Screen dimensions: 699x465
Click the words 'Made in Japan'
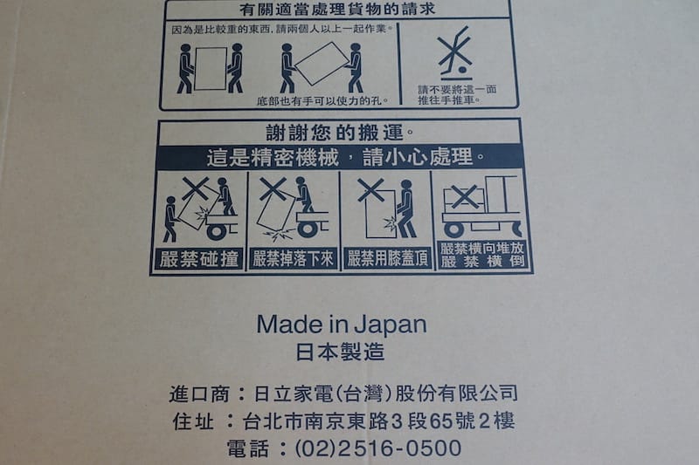click(x=342, y=325)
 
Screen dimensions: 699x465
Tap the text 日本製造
click(x=340, y=352)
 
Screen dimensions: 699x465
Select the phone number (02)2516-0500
click(x=378, y=448)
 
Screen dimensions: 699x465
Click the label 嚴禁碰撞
click(x=199, y=259)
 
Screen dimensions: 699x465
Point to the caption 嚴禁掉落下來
click(x=293, y=258)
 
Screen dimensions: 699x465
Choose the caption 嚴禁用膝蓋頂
click(x=387, y=258)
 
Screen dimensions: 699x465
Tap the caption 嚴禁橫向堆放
click(x=482, y=249)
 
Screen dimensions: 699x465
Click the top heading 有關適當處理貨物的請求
click(x=337, y=10)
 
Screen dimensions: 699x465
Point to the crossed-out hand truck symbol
click(x=454, y=52)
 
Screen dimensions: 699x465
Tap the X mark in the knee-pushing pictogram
click(x=370, y=189)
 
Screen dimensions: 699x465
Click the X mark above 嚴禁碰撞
click(x=196, y=188)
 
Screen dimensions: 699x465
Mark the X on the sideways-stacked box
click(x=465, y=196)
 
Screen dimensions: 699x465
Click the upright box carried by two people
click(x=211, y=69)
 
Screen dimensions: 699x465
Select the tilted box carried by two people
click(x=321, y=63)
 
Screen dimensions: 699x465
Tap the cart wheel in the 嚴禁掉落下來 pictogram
click(x=308, y=229)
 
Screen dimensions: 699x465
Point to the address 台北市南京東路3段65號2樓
click(x=379, y=421)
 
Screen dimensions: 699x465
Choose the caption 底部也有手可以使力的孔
click(x=322, y=101)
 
